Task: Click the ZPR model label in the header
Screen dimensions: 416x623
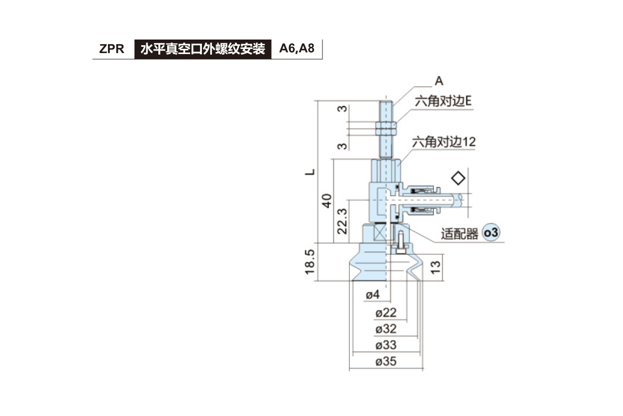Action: point(112,49)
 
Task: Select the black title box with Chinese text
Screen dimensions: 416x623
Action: point(202,49)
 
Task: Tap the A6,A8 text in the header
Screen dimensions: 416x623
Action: point(296,49)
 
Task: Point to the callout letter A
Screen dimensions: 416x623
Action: point(439,81)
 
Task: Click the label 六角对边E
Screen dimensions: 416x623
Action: point(442,101)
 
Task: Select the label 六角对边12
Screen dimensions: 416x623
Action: point(443,141)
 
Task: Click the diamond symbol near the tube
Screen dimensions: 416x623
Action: point(458,178)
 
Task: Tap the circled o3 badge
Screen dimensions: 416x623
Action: point(491,233)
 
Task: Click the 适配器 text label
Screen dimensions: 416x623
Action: point(459,234)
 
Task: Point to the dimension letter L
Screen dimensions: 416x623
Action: point(310,172)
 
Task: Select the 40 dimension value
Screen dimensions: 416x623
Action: point(327,201)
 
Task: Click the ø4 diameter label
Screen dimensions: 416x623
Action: point(373,295)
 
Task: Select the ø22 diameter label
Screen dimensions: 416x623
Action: point(386,313)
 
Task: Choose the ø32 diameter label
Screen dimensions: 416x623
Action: point(386,329)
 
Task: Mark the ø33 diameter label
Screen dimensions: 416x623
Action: point(386,345)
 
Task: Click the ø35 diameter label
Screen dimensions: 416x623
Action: point(386,361)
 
